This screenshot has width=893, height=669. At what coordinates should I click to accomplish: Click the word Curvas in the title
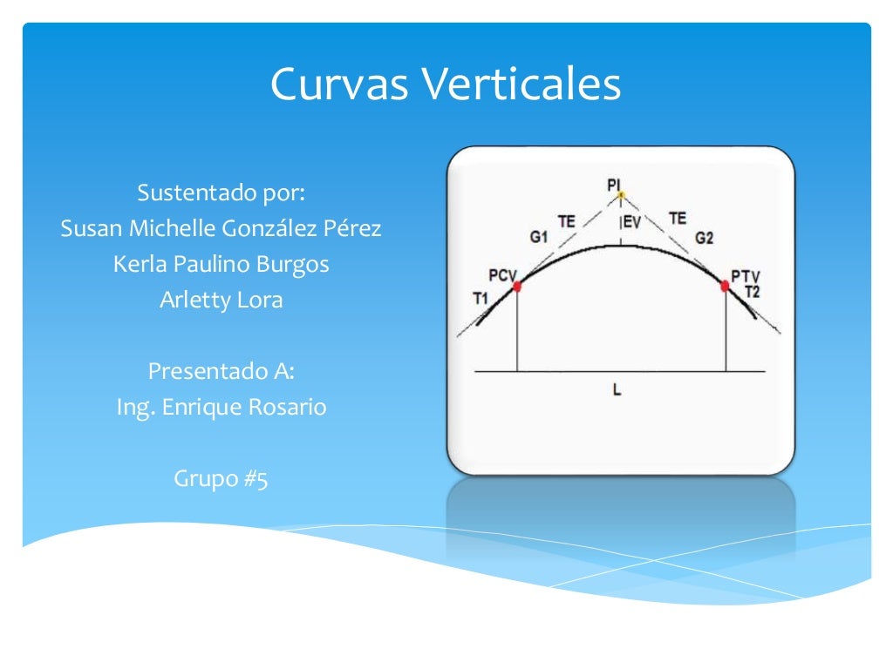click(339, 85)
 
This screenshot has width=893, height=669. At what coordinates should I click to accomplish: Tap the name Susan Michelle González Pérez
click(221, 229)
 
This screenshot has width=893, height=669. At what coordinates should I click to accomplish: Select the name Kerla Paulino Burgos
click(221, 264)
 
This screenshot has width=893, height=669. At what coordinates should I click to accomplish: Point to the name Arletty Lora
click(221, 300)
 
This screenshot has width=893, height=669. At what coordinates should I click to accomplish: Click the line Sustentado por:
click(221, 193)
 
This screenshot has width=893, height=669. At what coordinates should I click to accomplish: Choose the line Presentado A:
click(221, 371)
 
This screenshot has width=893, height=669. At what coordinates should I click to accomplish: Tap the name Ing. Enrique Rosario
click(221, 407)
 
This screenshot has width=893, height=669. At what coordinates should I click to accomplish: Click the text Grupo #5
click(221, 478)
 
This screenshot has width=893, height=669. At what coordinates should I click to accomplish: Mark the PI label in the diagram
click(615, 184)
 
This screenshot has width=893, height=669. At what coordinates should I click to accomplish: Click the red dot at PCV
click(517, 286)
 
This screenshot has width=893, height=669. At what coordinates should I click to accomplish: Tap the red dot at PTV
click(725, 285)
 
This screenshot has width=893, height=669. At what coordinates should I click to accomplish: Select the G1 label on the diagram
click(538, 235)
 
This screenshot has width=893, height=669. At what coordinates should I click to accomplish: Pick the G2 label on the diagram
click(705, 236)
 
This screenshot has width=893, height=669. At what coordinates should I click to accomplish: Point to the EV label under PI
click(631, 223)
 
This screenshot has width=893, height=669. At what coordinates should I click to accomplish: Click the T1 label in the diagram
click(481, 299)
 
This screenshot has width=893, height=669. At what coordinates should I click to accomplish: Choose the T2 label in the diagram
click(752, 292)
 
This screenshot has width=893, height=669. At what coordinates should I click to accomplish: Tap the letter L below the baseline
click(617, 391)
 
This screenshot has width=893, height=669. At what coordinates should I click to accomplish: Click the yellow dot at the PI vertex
click(621, 195)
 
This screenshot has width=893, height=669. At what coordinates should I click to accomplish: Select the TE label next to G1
click(567, 221)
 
